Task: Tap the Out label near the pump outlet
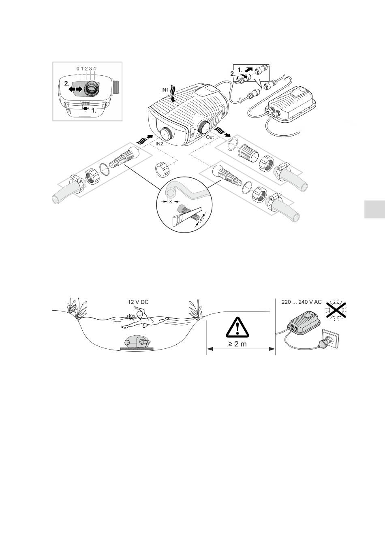click(210, 137)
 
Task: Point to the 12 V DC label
click(139, 302)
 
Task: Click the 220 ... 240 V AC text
click(302, 302)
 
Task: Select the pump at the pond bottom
click(137, 342)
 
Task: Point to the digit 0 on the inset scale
click(78, 69)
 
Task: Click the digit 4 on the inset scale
click(94, 69)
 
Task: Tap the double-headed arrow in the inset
click(75, 88)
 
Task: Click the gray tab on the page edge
click(374, 209)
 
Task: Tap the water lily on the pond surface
click(130, 316)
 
